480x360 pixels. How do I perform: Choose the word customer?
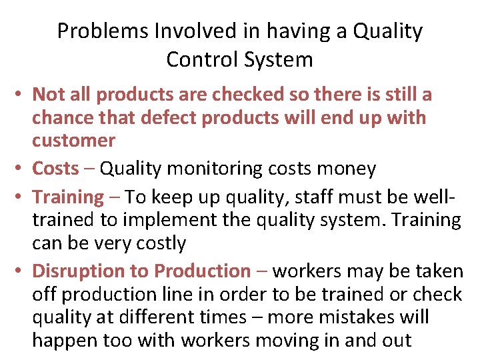(73, 141)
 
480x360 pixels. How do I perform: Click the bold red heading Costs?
(55, 169)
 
